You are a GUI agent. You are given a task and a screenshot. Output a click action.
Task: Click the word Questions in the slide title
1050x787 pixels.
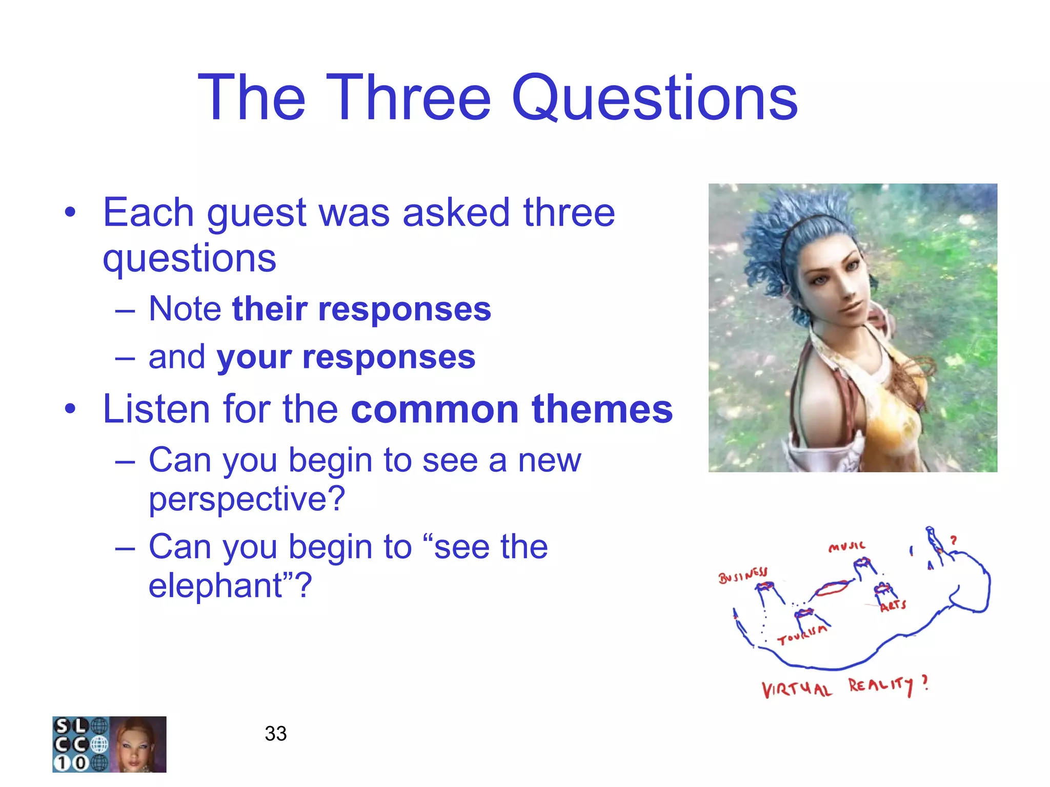654,98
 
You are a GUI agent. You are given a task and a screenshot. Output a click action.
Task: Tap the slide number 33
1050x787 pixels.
275,733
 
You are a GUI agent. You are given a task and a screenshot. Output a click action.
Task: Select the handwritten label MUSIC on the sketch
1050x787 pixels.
846,547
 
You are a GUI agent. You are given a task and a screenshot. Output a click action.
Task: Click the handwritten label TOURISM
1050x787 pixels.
802,634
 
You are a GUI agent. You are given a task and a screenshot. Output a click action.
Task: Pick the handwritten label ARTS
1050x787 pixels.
893,606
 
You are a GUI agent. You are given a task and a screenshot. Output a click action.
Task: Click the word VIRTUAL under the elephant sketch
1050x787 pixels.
796,690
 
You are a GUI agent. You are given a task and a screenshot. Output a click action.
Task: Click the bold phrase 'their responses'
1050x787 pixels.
361,309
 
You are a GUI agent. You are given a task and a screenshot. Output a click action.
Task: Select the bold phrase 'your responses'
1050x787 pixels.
346,357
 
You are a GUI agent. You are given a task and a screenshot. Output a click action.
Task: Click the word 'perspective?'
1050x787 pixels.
247,499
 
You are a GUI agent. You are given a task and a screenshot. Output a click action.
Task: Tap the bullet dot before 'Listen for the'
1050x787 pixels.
70,409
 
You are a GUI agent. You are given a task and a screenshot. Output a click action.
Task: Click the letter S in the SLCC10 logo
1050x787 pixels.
62,726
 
